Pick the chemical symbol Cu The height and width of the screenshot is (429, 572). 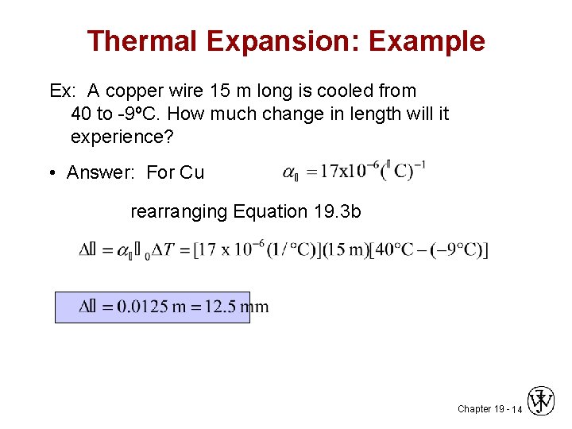pyautogui.click(x=192, y=172)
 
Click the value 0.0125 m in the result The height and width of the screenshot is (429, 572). pyautogui.click(x=151, y=307)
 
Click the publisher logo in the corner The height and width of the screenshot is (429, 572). pyautogui.click(x=542, y=401)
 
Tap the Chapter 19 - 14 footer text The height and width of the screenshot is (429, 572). pyautogui.click(x=489, y=409)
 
